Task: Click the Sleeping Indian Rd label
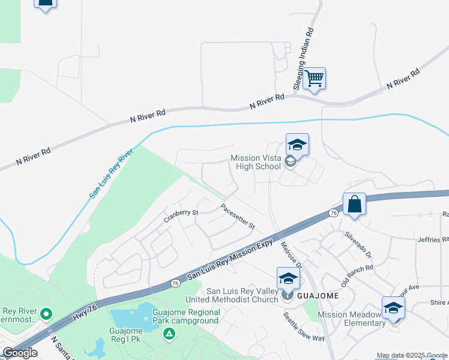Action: tap(304, 59)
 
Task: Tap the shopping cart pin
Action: tap(314, 79)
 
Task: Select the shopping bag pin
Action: tap(354, 203)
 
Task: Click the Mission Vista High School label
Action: tap(256, 163)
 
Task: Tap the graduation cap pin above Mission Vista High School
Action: tap(297, 145)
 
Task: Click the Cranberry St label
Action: tap(181, 216)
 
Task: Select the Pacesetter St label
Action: tap(238, 217)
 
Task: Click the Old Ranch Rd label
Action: tap(357, 275)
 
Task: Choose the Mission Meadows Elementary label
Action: tap(351, 319)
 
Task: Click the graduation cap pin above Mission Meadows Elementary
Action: tap(393, 307)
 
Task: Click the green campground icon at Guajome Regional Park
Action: tap(170, 333)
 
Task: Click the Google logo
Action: tap(20, 353)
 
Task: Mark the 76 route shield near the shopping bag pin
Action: tap(333, 213)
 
